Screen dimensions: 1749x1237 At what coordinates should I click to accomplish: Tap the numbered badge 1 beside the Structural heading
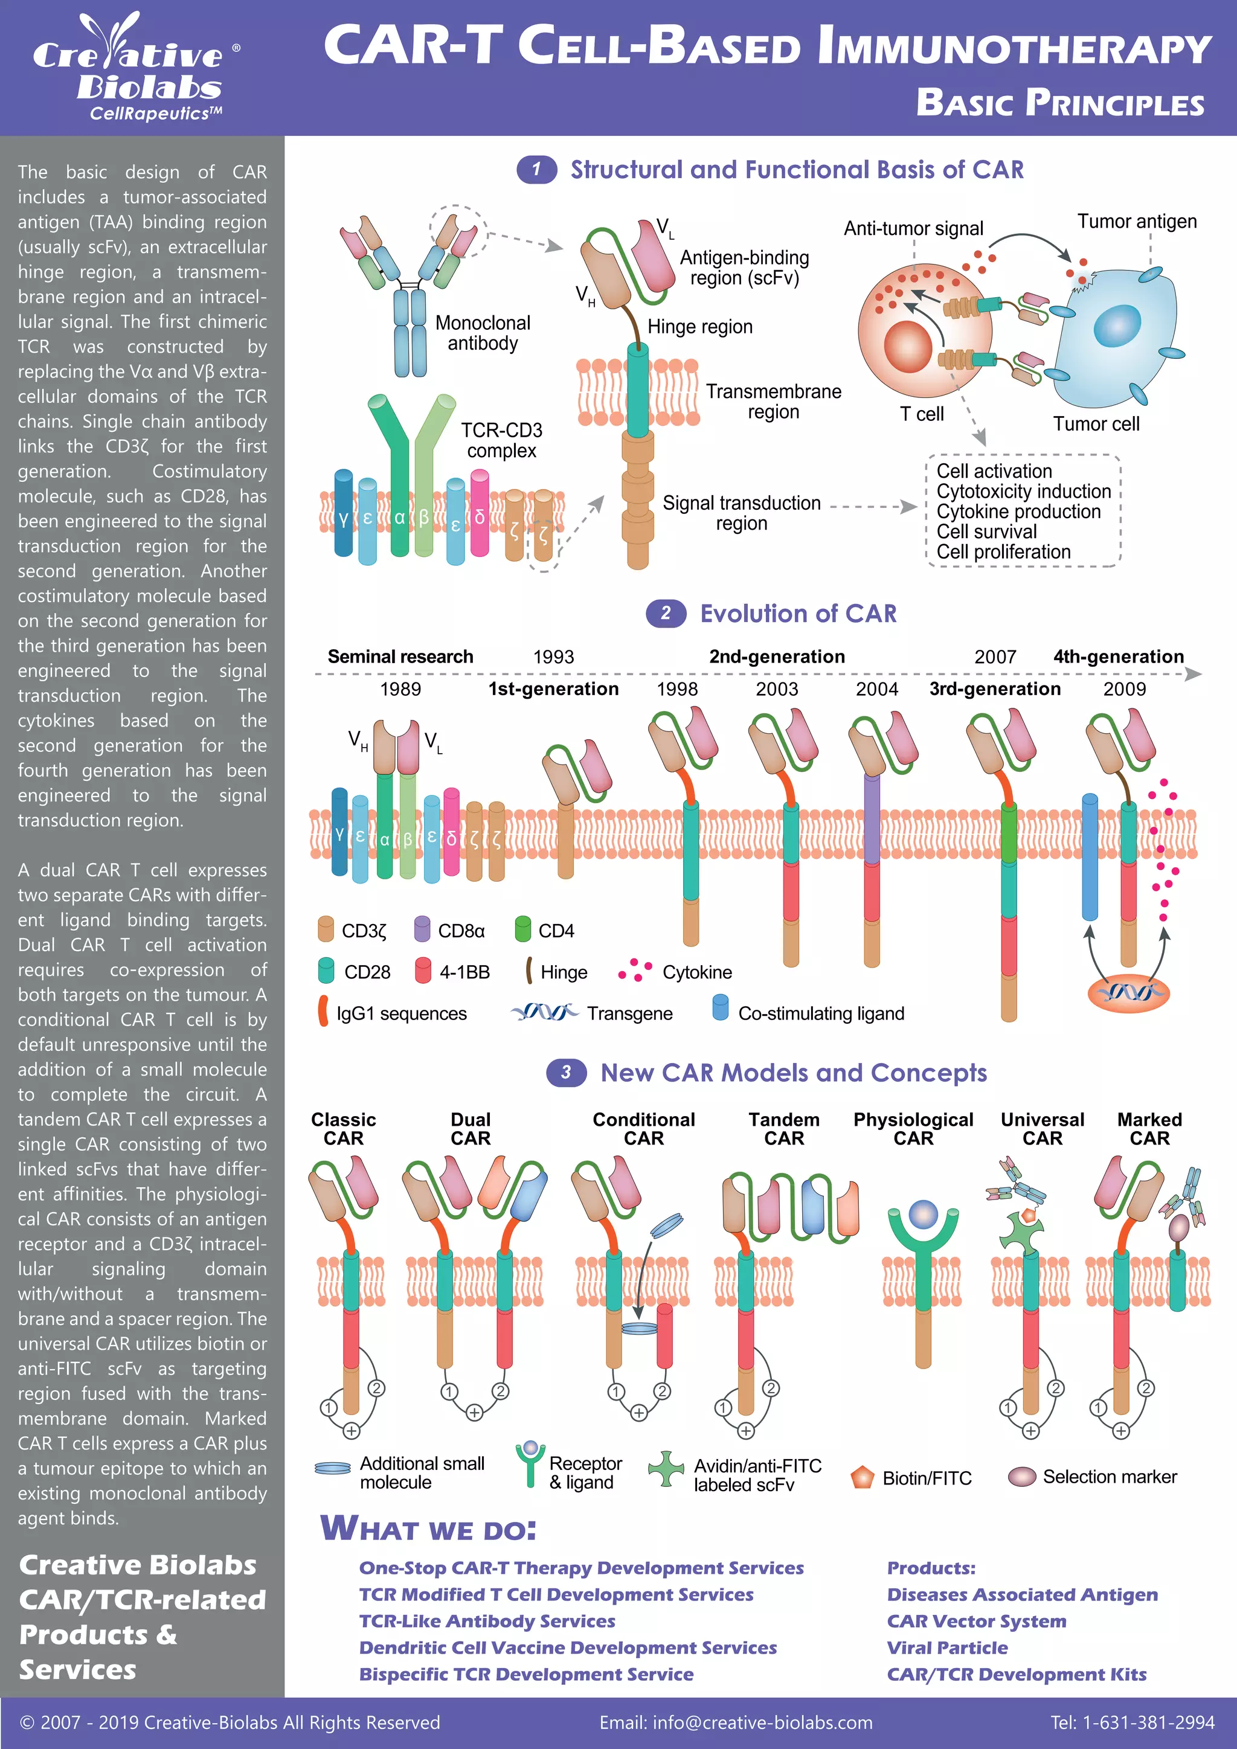536,169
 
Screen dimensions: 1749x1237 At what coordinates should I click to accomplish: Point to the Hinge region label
699,327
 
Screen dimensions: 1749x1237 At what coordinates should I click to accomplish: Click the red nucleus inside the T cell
908,346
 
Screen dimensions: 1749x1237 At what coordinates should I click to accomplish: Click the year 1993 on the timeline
553,656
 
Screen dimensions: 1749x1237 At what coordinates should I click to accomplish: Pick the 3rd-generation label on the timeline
994,688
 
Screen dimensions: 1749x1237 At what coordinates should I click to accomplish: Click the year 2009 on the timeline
1123,688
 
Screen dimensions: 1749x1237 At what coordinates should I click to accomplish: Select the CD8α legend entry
450,930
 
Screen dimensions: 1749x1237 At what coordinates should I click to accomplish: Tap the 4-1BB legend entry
453,971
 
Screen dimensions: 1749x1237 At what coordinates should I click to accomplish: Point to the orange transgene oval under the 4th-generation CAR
1127,993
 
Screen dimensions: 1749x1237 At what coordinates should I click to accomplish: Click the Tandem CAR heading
784,1129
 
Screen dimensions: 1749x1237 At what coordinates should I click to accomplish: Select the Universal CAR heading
1041,1129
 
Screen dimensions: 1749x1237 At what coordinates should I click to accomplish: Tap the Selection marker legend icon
1021,1476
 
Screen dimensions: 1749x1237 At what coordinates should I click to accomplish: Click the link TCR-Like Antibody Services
487,1620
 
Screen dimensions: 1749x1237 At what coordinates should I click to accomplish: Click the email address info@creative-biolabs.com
735,1722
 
